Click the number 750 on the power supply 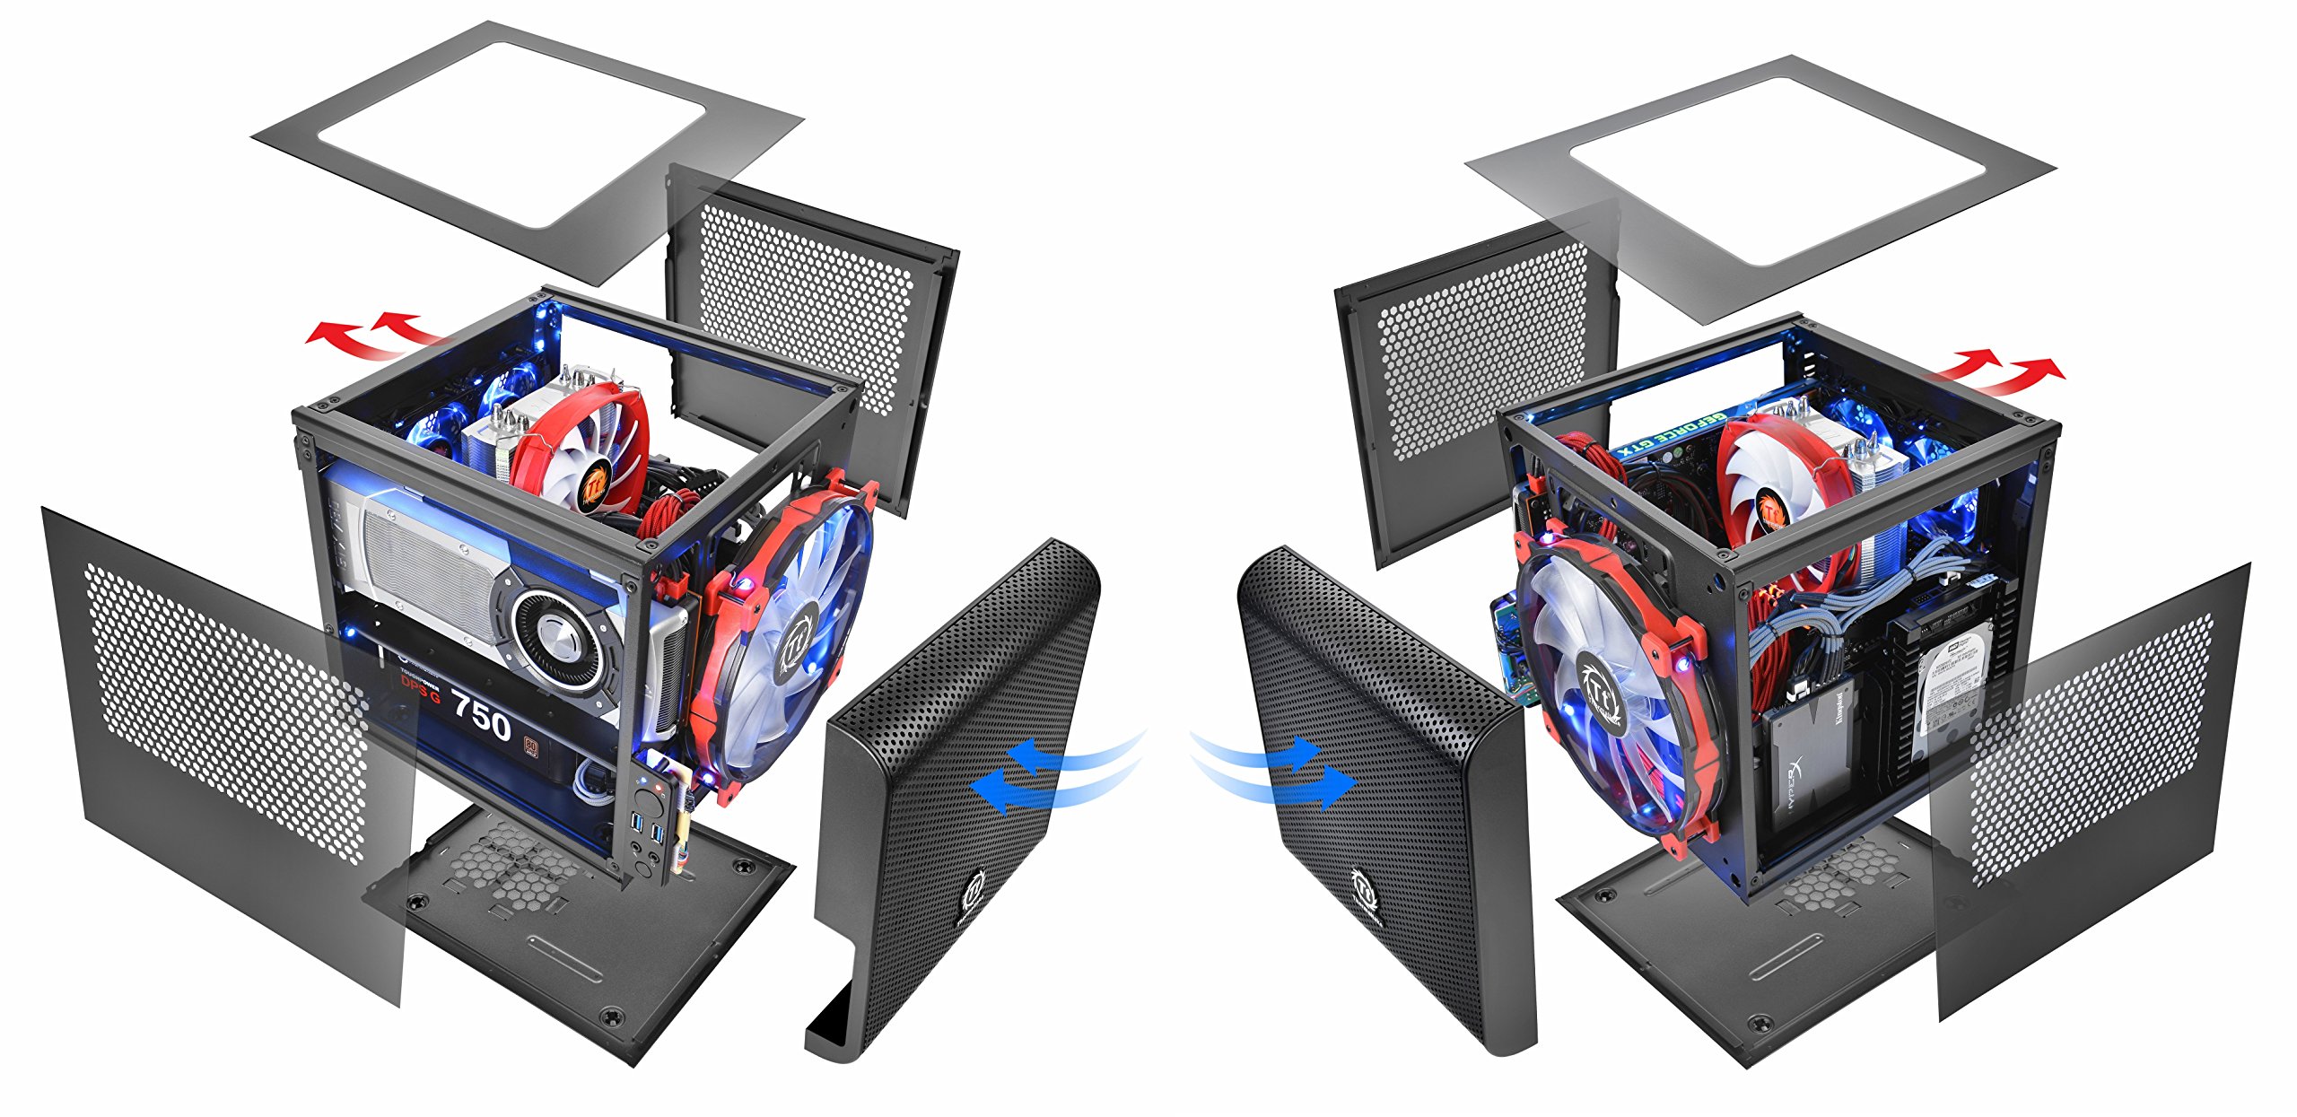tap(482, 716)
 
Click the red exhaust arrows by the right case tap(2001, 373)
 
